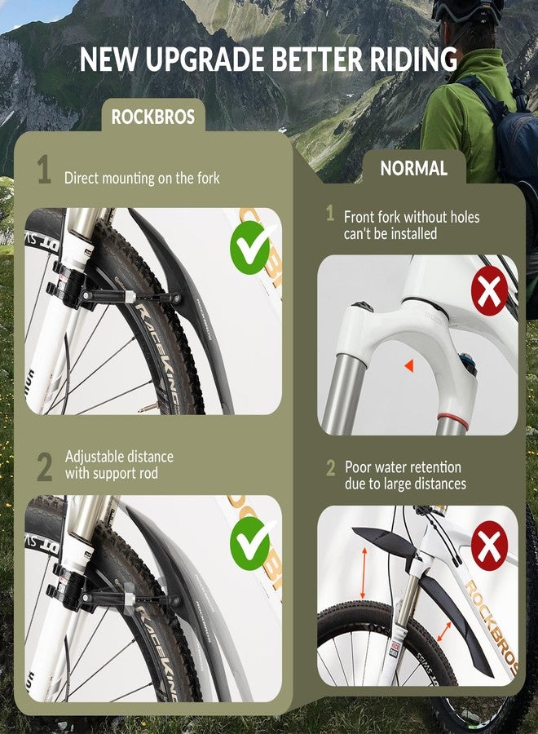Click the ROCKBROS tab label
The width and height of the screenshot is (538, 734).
pyautogui.click(x=152, y=117)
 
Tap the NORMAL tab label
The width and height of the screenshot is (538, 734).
pyautogui.click(x=413, y=169)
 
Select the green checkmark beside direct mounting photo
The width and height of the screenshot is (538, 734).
pyautogui.click(x=250, y=250)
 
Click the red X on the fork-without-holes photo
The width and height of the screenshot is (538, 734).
pyautogui.click(x=489, y=291)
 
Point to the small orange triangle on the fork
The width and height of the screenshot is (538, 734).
pyautogui.click(x=408, y=368)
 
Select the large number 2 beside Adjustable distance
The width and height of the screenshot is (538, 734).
pyautogui.click(x=44, y=466)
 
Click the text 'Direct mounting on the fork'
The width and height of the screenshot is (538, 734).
pyautogui.click(x=142, y=177)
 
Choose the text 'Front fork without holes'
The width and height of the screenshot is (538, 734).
pyautogui.click(x=412, y=217)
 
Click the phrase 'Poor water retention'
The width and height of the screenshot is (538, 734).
pyautogui.click(x=403, y=467)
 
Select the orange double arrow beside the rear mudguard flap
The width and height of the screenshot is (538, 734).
pyautogui.click(x=444, y=630)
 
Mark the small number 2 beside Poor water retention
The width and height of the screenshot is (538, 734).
pyautogui.click(x=331, y=468)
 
